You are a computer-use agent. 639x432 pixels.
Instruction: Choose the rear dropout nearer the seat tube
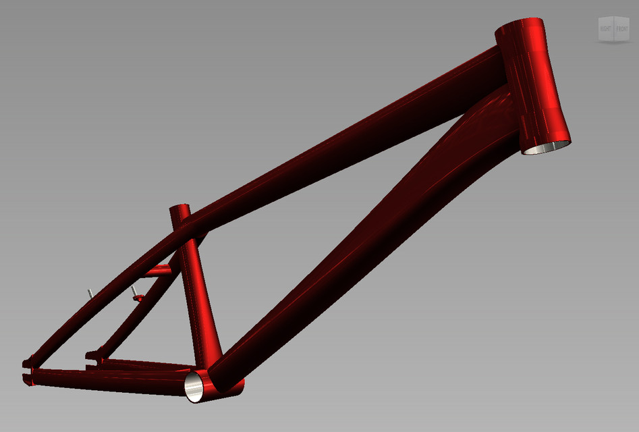coord(92,354)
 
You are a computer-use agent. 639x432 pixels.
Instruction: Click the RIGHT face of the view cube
coord(605,29)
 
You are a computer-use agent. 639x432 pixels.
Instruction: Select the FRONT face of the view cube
coord(621,29)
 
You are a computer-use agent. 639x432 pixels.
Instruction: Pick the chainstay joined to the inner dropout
coord(142,364)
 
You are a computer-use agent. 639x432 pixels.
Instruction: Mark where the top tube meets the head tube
coord(496,57)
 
